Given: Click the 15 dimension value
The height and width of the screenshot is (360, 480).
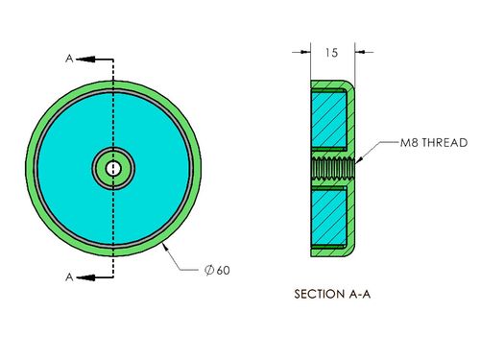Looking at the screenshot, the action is pyautogui.click(x=331, y=53).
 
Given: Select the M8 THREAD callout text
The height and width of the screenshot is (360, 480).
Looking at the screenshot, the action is pyautogui.click(x=434, y=142).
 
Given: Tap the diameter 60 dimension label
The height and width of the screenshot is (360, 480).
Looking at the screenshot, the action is pyautogui.click(x=217, y=270).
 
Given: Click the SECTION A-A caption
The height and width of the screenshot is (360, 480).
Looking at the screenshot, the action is pyautogui.click(x=332, y=294).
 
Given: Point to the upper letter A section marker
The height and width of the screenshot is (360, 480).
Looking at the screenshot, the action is pyautogui.click(x=69, y=59).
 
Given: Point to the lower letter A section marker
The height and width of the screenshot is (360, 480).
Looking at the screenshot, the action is pyautogui.click(x=69, y=277).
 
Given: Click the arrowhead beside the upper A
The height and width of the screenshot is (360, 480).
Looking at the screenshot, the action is pyautogui.click(x=85, y=60).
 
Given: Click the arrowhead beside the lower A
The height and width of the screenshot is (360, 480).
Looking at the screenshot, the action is pyautogui.click(x=85, y=277).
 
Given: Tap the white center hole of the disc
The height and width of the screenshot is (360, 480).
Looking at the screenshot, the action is pyautogui.click(x=113, y=168).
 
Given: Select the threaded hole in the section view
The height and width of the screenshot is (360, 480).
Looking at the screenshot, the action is pyautogui.click(x=333, y=168).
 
